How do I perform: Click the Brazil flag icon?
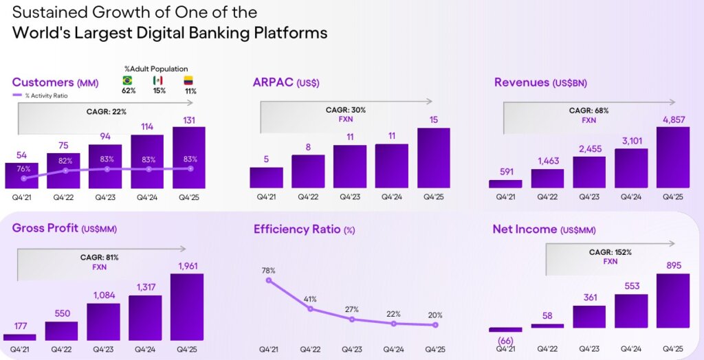click(x=127, y=80)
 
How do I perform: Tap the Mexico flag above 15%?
click(x=158, y=80)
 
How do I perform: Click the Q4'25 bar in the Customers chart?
click(x=189, y=157)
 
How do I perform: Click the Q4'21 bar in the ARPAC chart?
click(x=266, y=177)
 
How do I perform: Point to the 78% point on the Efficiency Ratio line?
click(x=269, y=280)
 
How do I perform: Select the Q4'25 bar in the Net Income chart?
click(x=672, y=302)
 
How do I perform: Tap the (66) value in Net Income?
click(x=505, y=341)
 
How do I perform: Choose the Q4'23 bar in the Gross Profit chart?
click(x=103, y=322)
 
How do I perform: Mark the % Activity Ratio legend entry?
click(x=41, y=95)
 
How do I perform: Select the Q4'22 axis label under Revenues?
click(x=547, y=196)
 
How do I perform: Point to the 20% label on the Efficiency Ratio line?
click(x=434, y=315)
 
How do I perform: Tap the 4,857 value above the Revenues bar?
click(x=672, y=120)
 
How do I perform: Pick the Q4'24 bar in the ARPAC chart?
click(x=392, y=166)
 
